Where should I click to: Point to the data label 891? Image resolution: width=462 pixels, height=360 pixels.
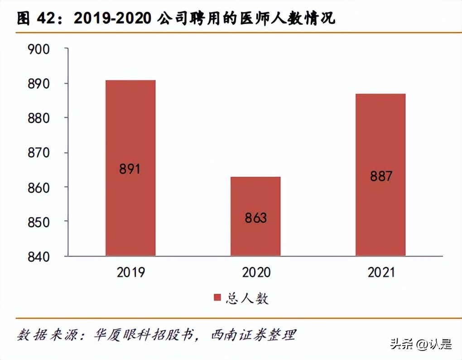coord(130,169)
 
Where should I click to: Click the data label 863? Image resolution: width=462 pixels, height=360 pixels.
coord(256,218)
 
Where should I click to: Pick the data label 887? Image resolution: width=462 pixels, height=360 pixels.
coord(381,176)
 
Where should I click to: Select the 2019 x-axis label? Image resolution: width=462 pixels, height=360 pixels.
coord(130,272)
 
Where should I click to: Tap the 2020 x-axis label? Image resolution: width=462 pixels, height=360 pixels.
coord(256,272)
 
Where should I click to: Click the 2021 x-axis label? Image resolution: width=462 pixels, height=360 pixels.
coord(381,272)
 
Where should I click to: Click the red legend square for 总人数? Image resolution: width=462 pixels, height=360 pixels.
coord(217,298)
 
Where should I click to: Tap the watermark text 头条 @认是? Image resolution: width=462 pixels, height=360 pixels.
coord(421,344)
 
